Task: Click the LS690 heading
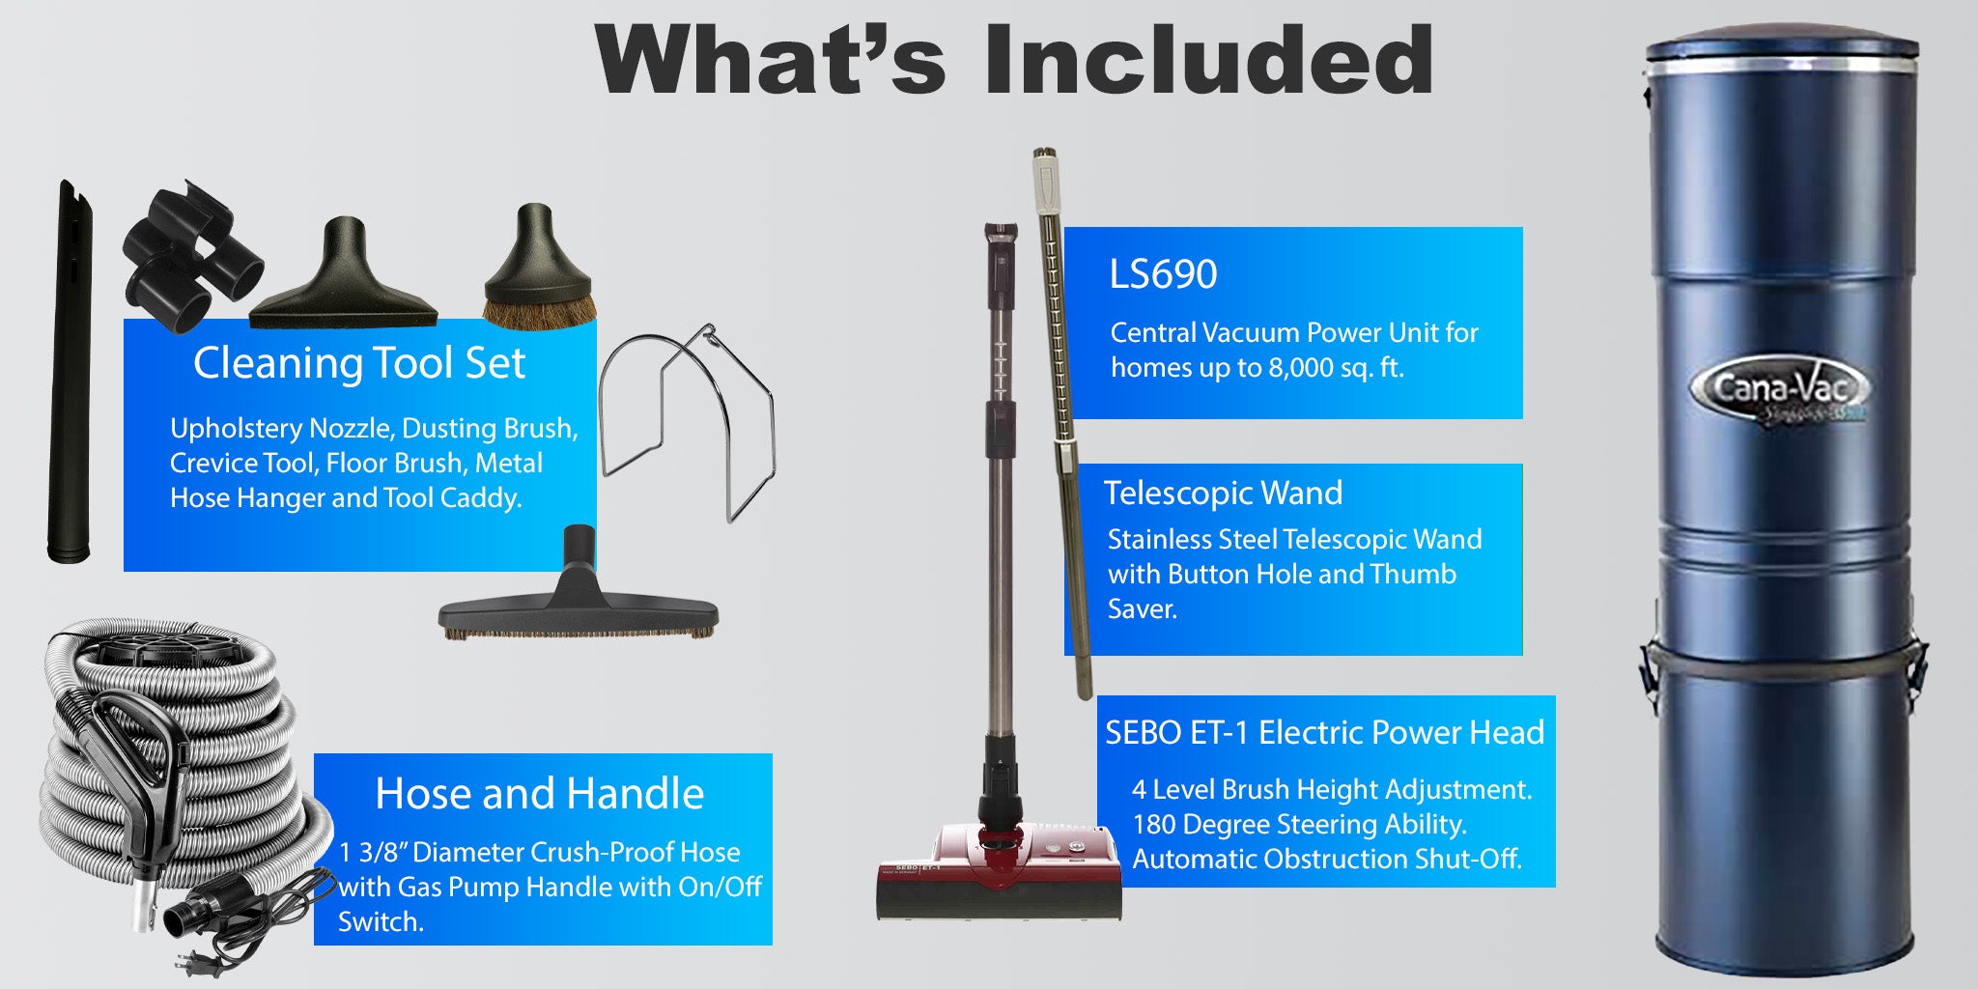coord(1163,274)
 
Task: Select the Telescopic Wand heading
coord(1223,493)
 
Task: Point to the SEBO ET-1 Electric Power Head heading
coord(1325,732)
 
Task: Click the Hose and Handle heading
coord(539,794)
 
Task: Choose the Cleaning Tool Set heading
coord(359,363)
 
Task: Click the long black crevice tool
coord(71,371)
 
